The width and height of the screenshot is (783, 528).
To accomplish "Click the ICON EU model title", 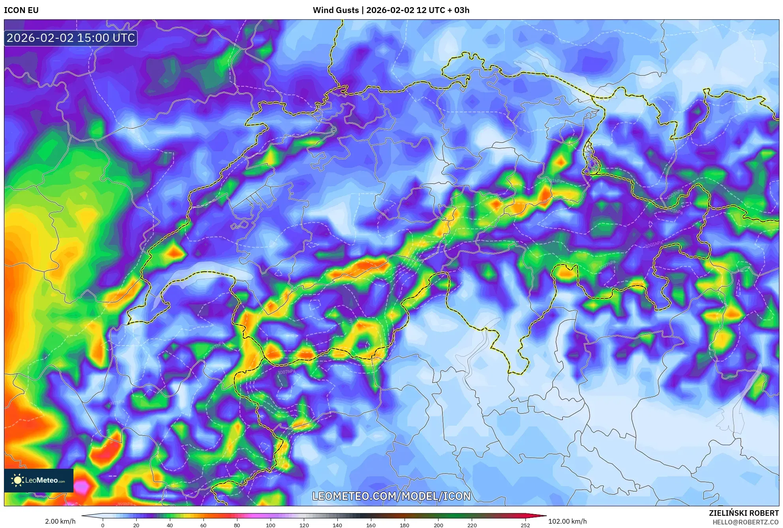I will pos(21,10).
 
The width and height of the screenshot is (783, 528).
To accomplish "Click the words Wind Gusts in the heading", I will pos(336,10).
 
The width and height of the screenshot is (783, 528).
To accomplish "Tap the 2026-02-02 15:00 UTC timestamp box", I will pos(71,38).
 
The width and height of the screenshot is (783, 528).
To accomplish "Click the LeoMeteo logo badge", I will pos(39,480).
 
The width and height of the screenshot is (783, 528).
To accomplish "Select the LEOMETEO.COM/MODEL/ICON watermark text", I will pos(391,496).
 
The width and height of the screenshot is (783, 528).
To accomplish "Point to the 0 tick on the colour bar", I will pos(103,525).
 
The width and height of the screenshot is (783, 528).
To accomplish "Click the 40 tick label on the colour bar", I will pos(169,525).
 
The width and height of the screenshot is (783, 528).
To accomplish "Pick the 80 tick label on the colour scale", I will pos(237,525).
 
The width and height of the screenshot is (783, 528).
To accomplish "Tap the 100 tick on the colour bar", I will pos(270,525).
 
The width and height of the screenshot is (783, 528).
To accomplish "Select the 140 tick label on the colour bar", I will pos(337,525).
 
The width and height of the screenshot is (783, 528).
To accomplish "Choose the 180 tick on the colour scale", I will pos(404,525).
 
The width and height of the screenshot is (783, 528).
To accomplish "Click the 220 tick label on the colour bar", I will pos(472,525).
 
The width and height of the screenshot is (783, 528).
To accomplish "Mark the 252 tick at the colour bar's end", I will pos(525,525).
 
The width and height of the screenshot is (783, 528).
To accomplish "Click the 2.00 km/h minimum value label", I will pos(60,521).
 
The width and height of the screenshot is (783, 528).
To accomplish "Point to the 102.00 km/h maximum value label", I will pos(567,521).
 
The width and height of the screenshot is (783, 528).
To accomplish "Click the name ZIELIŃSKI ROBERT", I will pos(743,513).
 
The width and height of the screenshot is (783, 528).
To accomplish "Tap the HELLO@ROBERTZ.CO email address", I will pos(745,522).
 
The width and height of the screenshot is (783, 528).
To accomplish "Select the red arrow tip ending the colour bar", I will pos(541,516).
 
